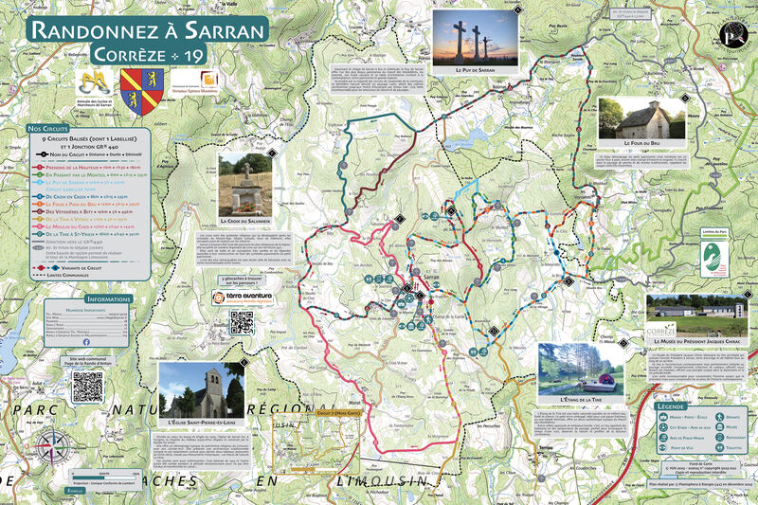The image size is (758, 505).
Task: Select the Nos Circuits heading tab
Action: pyautogui.click(x=47, y=127)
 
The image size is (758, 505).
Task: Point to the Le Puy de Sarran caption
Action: pyautogui.click(x=475, y=70)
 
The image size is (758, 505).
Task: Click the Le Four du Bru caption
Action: pyautogui.click(x=641, y=142)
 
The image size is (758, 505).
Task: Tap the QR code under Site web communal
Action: pyautogui.click(x=87, y=387)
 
